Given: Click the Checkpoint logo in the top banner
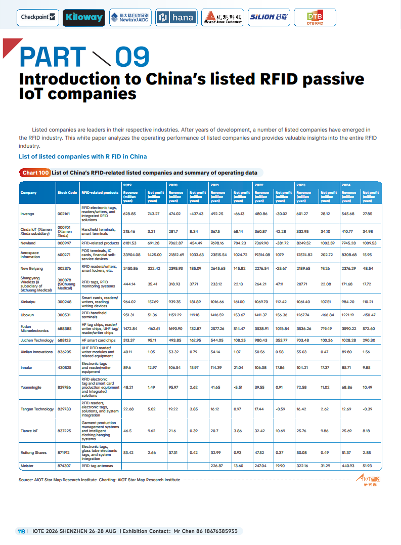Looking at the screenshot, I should [38, 17].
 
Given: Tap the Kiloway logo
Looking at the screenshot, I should [84, 18].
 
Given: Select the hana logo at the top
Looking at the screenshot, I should [176, 18].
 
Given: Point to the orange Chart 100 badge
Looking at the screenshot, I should [35, 173].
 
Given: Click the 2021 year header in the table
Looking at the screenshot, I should [214, 185].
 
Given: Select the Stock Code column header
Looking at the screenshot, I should [67, 193].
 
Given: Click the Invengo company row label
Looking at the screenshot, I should [27, 214].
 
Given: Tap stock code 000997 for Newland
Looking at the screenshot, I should [64, 243].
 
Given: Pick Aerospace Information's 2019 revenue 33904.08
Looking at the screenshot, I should [131, 255].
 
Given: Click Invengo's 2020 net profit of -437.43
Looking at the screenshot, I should [196, 214].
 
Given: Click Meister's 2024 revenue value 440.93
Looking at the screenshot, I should [348, 465].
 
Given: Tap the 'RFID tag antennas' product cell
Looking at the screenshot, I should [97, 465].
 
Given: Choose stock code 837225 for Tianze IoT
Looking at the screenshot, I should [64, 431].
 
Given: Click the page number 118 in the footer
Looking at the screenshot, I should [21, 531].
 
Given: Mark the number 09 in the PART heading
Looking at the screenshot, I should [132, 57].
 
